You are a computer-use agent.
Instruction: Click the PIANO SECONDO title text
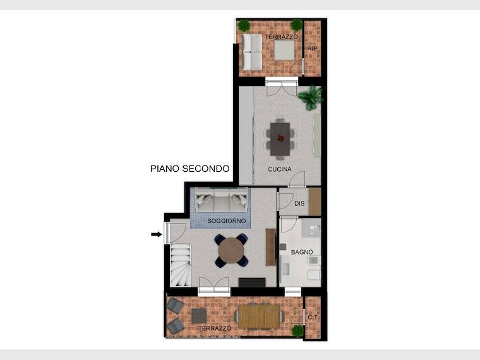coord(190,169)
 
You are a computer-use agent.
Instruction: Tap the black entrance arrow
coord(157,234)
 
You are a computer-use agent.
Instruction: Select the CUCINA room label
coord(280,169)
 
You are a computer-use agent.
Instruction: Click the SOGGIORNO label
coord(227,220)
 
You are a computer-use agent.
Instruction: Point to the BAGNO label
coord(302,252)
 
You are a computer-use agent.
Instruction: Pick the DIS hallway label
coord(299,203)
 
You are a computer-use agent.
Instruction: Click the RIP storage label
coord(312,49)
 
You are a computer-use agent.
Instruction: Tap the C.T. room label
coord(313,318)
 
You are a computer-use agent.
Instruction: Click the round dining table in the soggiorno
coord(231,250)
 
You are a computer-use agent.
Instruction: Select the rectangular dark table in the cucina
coord(280,139)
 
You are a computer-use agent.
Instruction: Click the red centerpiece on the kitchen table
coord(280,138)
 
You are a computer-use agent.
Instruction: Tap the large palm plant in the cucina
coord(311,98)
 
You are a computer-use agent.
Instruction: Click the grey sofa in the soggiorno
coord(221,200)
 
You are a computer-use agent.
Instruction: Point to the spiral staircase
coord(180,265)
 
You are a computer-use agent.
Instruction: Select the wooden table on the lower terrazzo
coord(259,316)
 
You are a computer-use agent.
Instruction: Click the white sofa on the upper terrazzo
coord(252,52)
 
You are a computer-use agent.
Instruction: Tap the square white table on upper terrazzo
coord(284,51)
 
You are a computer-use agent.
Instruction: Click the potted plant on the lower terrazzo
coord(297,331)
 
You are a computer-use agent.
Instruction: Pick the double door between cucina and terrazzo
coord(282,87)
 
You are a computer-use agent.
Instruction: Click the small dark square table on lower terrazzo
coord(199,316)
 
